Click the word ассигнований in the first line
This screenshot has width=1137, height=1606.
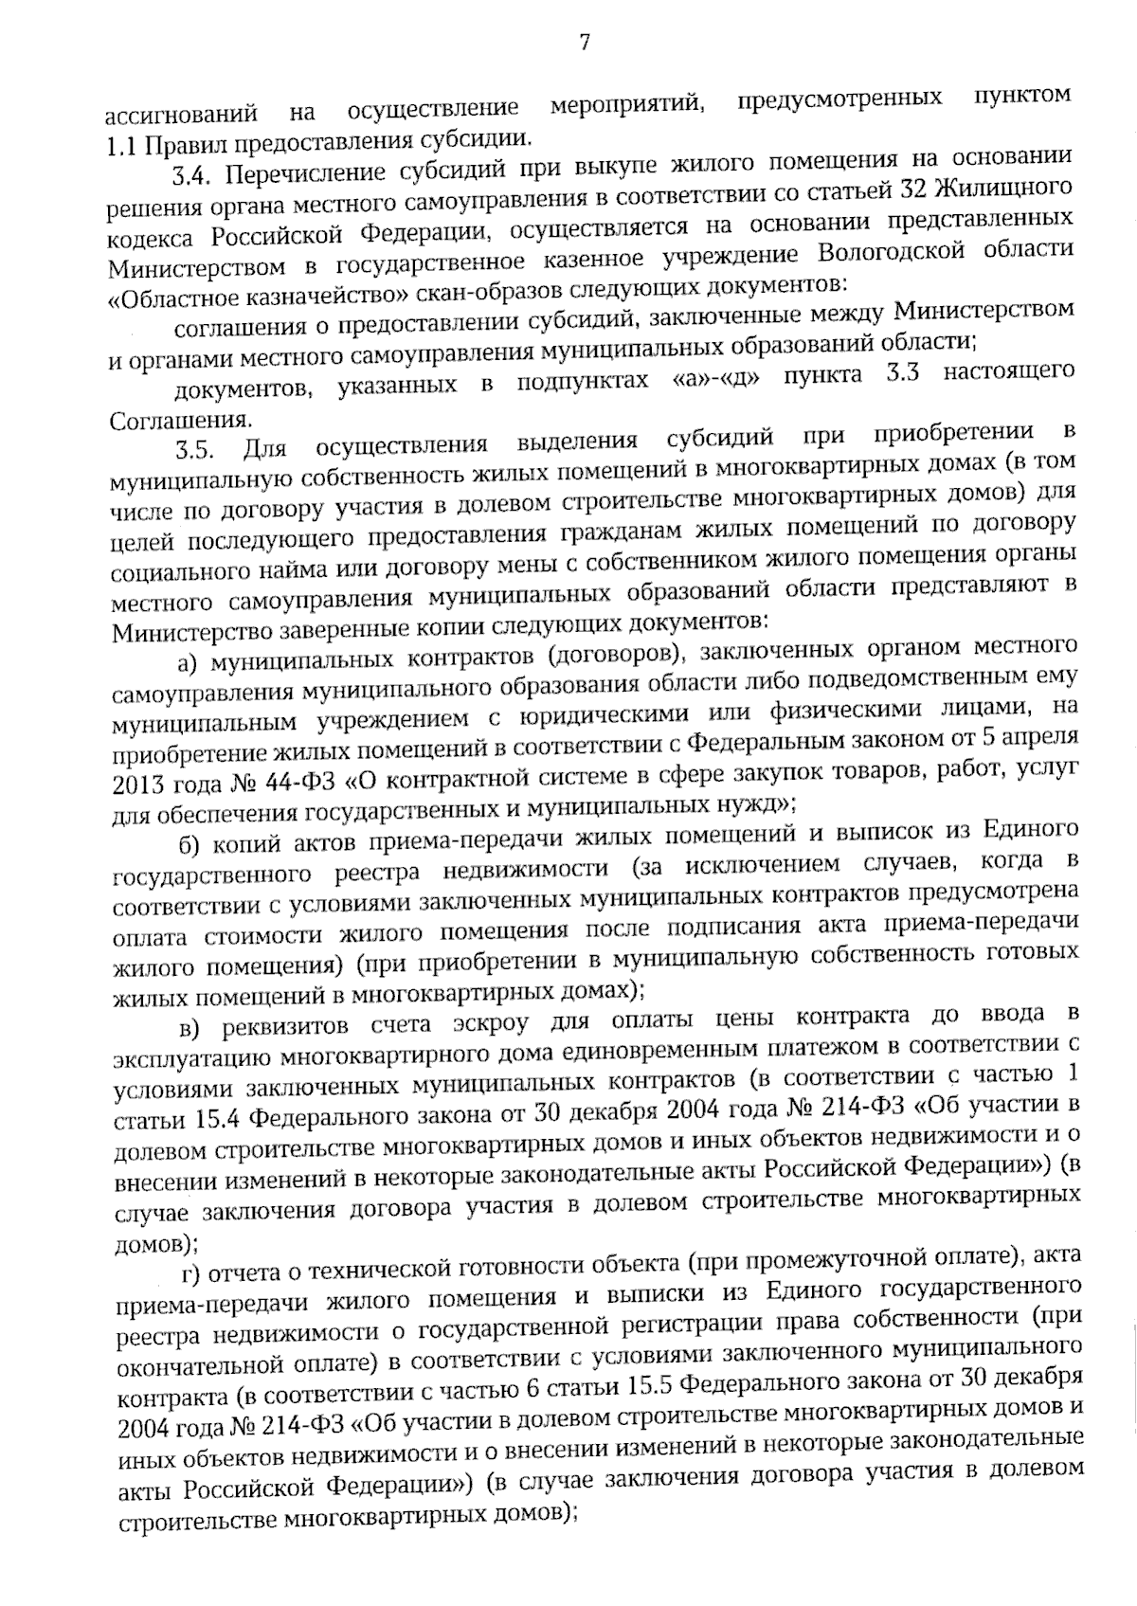180,115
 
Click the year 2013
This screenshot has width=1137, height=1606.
139,786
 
